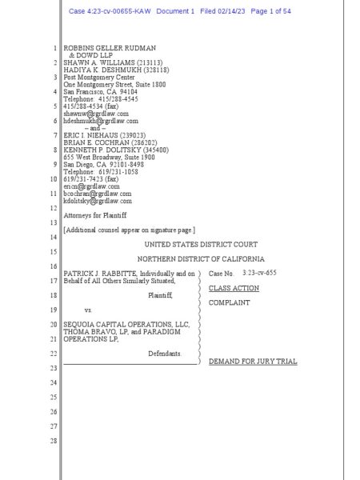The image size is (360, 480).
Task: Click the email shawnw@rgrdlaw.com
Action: (90, 114)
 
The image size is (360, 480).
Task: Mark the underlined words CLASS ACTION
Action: (234, 287)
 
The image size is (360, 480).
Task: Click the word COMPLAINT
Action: (231, 303)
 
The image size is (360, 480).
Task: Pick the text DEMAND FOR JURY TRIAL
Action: (252, 362)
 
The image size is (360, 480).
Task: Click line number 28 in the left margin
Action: (54, 442)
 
